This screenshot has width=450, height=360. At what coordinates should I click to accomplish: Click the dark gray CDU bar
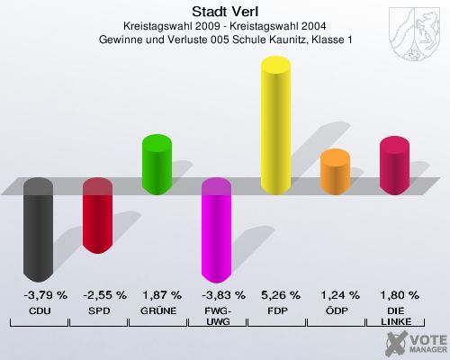(38, 229)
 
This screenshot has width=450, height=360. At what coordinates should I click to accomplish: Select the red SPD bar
(97, 216)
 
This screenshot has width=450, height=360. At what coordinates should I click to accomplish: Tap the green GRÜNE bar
(157, 165)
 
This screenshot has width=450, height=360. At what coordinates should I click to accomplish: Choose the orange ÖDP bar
(335, 173)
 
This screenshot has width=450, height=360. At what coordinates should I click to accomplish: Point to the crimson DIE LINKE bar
(394, 166)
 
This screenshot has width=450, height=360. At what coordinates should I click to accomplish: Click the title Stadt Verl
(225, 11)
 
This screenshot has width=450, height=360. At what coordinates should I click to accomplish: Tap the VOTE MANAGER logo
(415, 342)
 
